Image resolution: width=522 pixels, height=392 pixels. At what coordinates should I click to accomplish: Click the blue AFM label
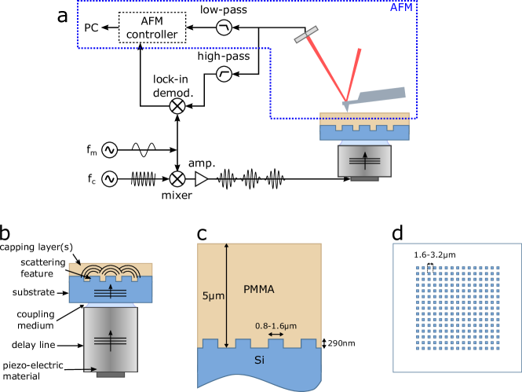tap(401, 8)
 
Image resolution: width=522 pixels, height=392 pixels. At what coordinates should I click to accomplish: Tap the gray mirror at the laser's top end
tap(306, 35)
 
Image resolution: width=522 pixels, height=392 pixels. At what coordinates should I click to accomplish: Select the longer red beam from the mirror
tap(327, 69)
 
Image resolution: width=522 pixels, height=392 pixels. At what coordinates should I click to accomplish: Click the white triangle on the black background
tap(201, 179)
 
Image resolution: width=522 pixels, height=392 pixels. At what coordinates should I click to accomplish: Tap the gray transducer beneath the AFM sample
tap(364, 161)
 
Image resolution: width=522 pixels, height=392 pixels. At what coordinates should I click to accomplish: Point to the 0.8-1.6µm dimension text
tap(276, 325)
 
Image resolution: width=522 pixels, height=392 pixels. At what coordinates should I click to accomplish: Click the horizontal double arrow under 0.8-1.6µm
tap(276, 335)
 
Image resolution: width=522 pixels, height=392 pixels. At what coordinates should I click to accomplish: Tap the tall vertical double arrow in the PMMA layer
tap(226, 295)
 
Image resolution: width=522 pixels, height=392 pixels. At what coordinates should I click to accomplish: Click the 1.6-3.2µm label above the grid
tap(435, 255)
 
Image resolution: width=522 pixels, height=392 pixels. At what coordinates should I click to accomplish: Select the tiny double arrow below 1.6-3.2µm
tap(429, 267)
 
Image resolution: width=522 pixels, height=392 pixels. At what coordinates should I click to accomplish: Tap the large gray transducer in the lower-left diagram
tap(111, 339)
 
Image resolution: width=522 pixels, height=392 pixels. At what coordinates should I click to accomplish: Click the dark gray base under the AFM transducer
tap(364, 179)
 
